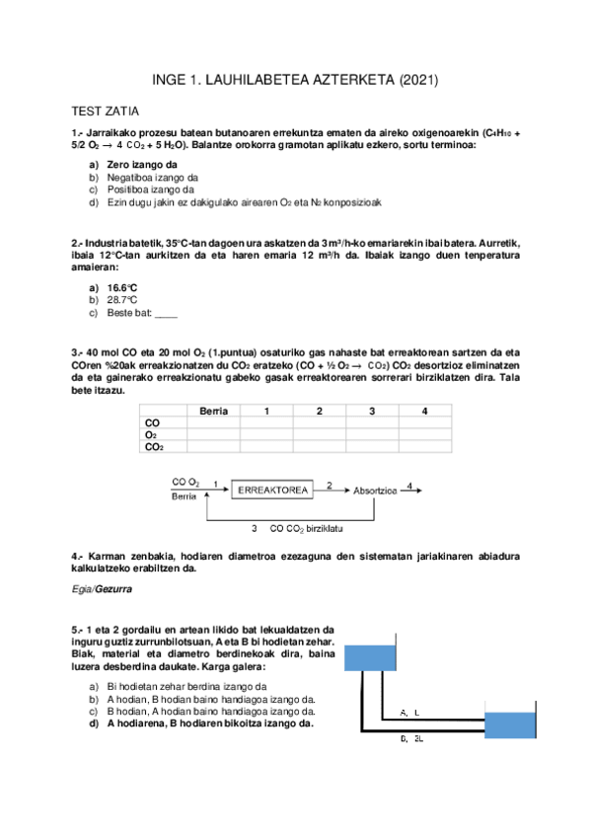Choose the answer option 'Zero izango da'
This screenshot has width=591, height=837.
[x=142, y=164]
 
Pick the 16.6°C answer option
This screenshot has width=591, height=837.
[x=122, y=287]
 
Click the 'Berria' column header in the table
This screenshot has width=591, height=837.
[x=213, y=410]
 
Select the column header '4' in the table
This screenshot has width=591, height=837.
[x=424, y=410]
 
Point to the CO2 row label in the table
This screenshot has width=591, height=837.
[x=154, y=447]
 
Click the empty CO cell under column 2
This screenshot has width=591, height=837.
[x=319, y=422]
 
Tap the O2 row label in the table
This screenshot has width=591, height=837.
[x=151, y=434]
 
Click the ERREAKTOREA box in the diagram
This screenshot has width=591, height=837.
[x=273, y=489]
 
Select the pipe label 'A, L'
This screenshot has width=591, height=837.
[x=409, y=711]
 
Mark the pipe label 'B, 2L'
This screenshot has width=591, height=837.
[x=410, y=738]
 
